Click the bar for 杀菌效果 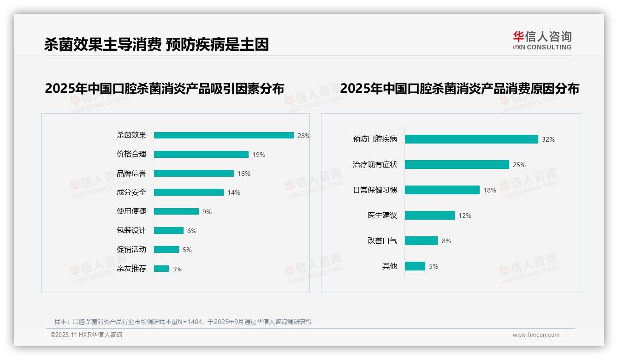click(224, 135)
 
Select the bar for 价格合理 click(201, 155)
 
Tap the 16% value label click(244, 174)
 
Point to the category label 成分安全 click(131, 192)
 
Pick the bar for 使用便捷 click(176, 211)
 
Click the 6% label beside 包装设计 click(191, 231)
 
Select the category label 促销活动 click(131, 250)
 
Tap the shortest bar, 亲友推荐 click(161, 269)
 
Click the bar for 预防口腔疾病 click(471, 139)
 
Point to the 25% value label click(519, 165)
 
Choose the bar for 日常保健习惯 click(442, 190)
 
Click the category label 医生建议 click(382, 216)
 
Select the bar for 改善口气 click(422, 241)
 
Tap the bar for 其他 click(415, 266)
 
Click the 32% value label click(548, 139)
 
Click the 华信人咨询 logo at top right click(542, 41)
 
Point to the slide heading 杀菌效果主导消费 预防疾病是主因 click(156, 44)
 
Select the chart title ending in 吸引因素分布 click(164, 88)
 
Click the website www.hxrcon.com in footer click(536, 335)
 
